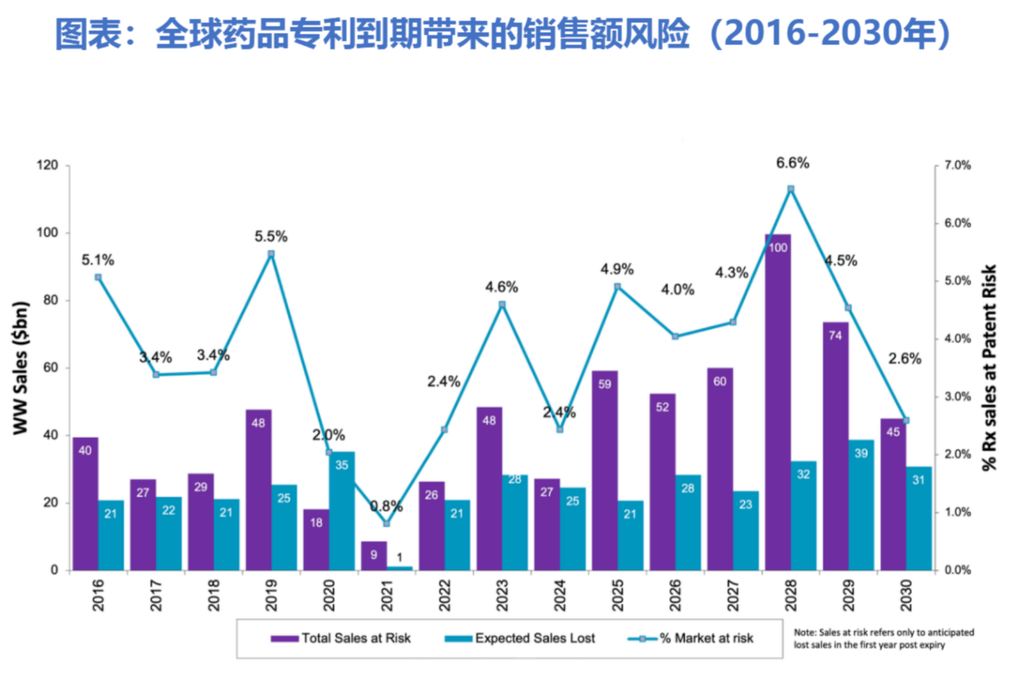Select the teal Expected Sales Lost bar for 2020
coord(342,510)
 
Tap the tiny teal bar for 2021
coord(400,567)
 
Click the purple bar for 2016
coord(85,503)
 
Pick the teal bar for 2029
coord(861,504)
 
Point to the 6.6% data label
coord(793,163)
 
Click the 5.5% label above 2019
coord(271,237)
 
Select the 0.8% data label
coord(386,507)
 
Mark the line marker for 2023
coord(501,305)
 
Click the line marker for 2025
coord(617,287)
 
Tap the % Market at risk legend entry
coord(696,637)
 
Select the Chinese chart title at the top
coord(507,34)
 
